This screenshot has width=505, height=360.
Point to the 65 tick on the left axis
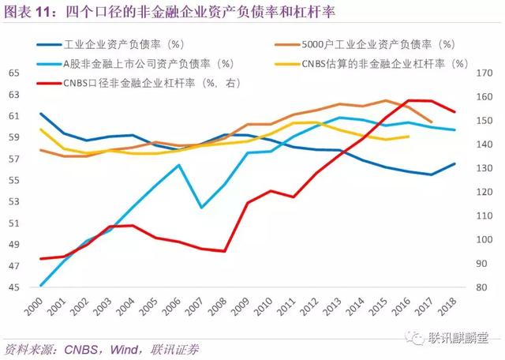coord(13,73)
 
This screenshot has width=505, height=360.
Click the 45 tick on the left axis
coord(13,287)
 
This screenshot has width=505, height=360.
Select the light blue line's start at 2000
coord(40,285)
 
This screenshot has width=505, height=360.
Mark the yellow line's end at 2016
coord(409,137)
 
